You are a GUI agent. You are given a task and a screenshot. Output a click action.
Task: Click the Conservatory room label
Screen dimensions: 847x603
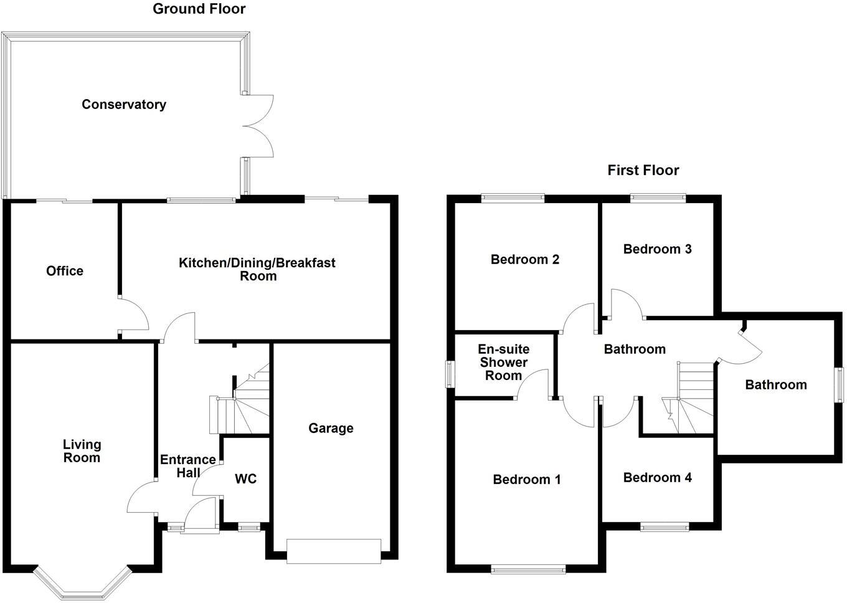pos(124,105)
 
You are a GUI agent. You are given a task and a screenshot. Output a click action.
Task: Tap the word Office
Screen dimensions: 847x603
pos(65,271)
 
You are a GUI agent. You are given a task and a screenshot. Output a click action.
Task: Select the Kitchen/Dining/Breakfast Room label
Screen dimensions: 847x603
pos(257,269)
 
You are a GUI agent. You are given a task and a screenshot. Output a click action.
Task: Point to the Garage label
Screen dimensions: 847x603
pos(331,428)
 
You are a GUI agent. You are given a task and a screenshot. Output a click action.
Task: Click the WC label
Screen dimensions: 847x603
pos(245,479)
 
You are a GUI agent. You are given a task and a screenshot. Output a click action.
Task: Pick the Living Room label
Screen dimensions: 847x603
pos(82,451)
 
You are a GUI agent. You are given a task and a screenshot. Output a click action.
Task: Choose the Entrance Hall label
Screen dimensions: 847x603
pos(188,466)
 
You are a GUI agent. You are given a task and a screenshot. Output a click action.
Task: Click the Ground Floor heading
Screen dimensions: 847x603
pos(199,9)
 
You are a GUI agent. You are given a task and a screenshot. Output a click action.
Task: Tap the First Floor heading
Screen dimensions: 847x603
pos(643,170)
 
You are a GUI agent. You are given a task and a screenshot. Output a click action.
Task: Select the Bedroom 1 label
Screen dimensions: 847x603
pos(527,479)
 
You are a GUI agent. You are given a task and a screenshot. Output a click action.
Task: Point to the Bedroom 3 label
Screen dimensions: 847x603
pos(657,249)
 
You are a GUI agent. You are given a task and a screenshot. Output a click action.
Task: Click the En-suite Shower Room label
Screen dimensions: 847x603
pos(503,363)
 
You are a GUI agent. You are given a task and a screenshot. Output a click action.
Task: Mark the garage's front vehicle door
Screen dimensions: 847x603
pos(333,551)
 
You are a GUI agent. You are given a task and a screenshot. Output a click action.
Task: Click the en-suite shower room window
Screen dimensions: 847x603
pos(450,375)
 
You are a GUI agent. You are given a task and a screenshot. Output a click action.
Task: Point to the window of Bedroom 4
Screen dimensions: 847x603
pos(665,527)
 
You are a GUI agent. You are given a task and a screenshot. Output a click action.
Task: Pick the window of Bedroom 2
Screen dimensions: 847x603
pos(513,198)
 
